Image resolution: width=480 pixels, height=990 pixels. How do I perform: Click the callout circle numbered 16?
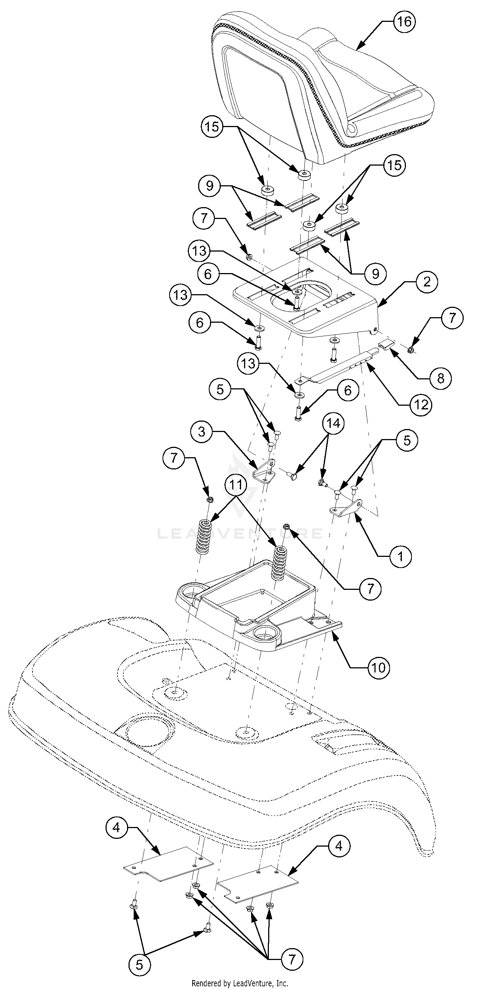click(x=404, y=22)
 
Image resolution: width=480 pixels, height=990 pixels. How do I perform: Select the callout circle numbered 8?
click(x=440, y=378)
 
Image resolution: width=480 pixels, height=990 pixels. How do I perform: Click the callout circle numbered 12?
click(x=421, y=404)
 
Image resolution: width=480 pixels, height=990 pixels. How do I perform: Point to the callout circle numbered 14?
click(x=333, y=423)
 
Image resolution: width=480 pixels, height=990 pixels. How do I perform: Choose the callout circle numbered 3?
click(x=202, y=432)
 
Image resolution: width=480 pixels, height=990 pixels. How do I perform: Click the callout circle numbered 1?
click(x=400, y=556)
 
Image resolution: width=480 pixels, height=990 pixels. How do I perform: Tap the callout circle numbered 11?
click(x=236, y=485)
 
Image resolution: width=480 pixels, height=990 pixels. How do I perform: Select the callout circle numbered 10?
click(x=379, y=668)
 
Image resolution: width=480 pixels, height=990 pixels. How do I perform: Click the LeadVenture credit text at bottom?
click(x=240, y=983)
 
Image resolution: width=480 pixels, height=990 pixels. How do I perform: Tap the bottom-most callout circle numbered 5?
click(x=140, y=964)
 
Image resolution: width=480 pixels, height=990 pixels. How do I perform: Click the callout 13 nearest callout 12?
click(x=249, y=363)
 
